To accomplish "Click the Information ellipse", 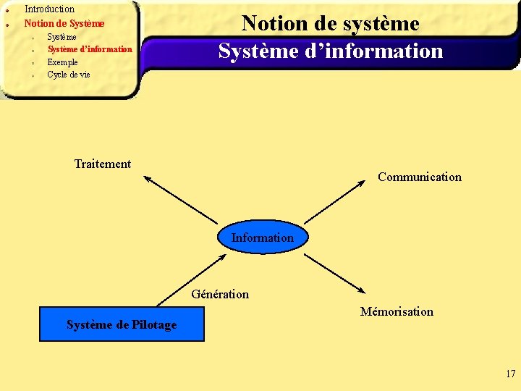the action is pyautogui.click(x=263, y=237).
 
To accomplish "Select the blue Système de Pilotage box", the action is pyautogui.click(x=122, y=324).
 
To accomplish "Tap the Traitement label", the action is pyautogui.click(x=103, y=164).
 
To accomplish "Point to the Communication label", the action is pyautogui.click(x=419, y=177).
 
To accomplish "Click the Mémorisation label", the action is pyautogui.click(x=397, y=311).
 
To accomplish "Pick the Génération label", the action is pyautogui.click(x=220, y=294).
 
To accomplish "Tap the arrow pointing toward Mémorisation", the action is pyautogui.click(x=340, y=275).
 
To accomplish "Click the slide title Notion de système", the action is pyautogui.click(x=330, y=23).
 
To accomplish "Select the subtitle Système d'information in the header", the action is pyautogui.click(x=330, y=51).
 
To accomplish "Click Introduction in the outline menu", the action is pyautogui.click(x=49, y=9).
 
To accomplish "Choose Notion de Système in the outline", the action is pyautogui.click(x=64, y=23).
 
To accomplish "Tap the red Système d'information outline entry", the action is pyautogui.click(x=90, y=49).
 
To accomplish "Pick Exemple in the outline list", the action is pyautogui.click(x=62, y=62).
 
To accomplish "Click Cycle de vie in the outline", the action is pyautogui.click(x=69, y=75).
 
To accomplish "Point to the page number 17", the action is pyautogui.click(x=511, y=374).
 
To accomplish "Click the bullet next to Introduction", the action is pyautogui.click(x=7, y=10).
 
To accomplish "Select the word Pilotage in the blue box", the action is pyautogui.click(x=154, y=324).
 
